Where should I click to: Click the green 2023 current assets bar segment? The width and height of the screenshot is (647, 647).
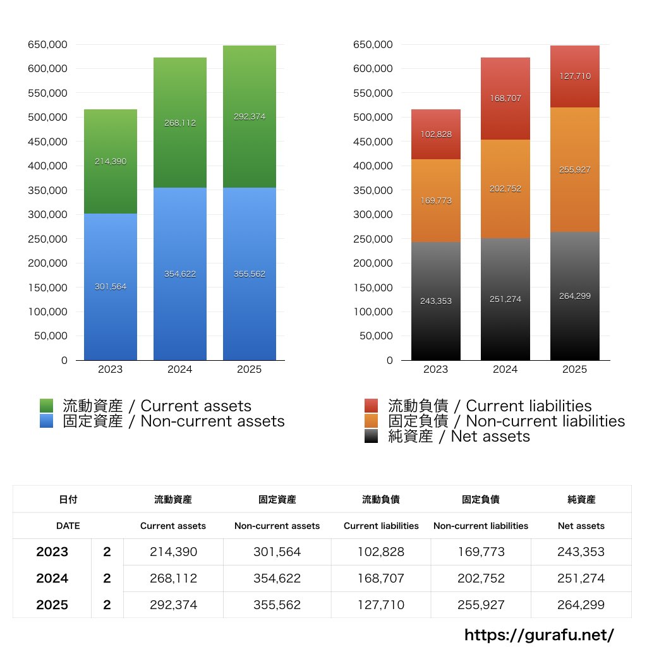pyautogui.click(x=110, y=139)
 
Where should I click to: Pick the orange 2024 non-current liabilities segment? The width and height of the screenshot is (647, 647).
pyautogui.click(x=505, y=209)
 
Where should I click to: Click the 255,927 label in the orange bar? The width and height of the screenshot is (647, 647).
pyautogui.click(x=574, y=169)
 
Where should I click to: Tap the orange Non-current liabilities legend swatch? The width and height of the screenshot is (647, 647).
pyautogui.click(x=372, y=421)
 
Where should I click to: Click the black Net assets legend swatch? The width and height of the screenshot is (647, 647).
pyautogui.click(x=372, y=436)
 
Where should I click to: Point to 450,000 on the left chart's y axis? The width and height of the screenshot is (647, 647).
pyautogui.click(x=47, y=142)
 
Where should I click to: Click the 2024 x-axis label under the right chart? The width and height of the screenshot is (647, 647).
pyautogui.click(x=505, y=369)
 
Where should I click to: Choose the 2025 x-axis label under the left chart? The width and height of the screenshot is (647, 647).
pyautogui.click(x=249, y=369)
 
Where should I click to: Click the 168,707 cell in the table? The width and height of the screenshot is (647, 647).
pyautogui.click(x=381, y=578)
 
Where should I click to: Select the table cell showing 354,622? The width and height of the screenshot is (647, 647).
pyautogui.click(x=277, y=578)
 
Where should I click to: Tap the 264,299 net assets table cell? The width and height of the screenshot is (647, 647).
pyautogui.click(x=581, y=605)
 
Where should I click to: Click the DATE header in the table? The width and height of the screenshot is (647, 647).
pyautogui.click(x=68, y=526)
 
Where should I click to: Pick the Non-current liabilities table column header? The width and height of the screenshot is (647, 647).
pyautogui.click(x=480, y=526)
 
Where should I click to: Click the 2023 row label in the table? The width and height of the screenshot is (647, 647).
pyautogui.click(x=52, y=552)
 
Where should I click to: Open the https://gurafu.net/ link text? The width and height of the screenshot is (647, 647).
pyautogui.click(x=539, y=634)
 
